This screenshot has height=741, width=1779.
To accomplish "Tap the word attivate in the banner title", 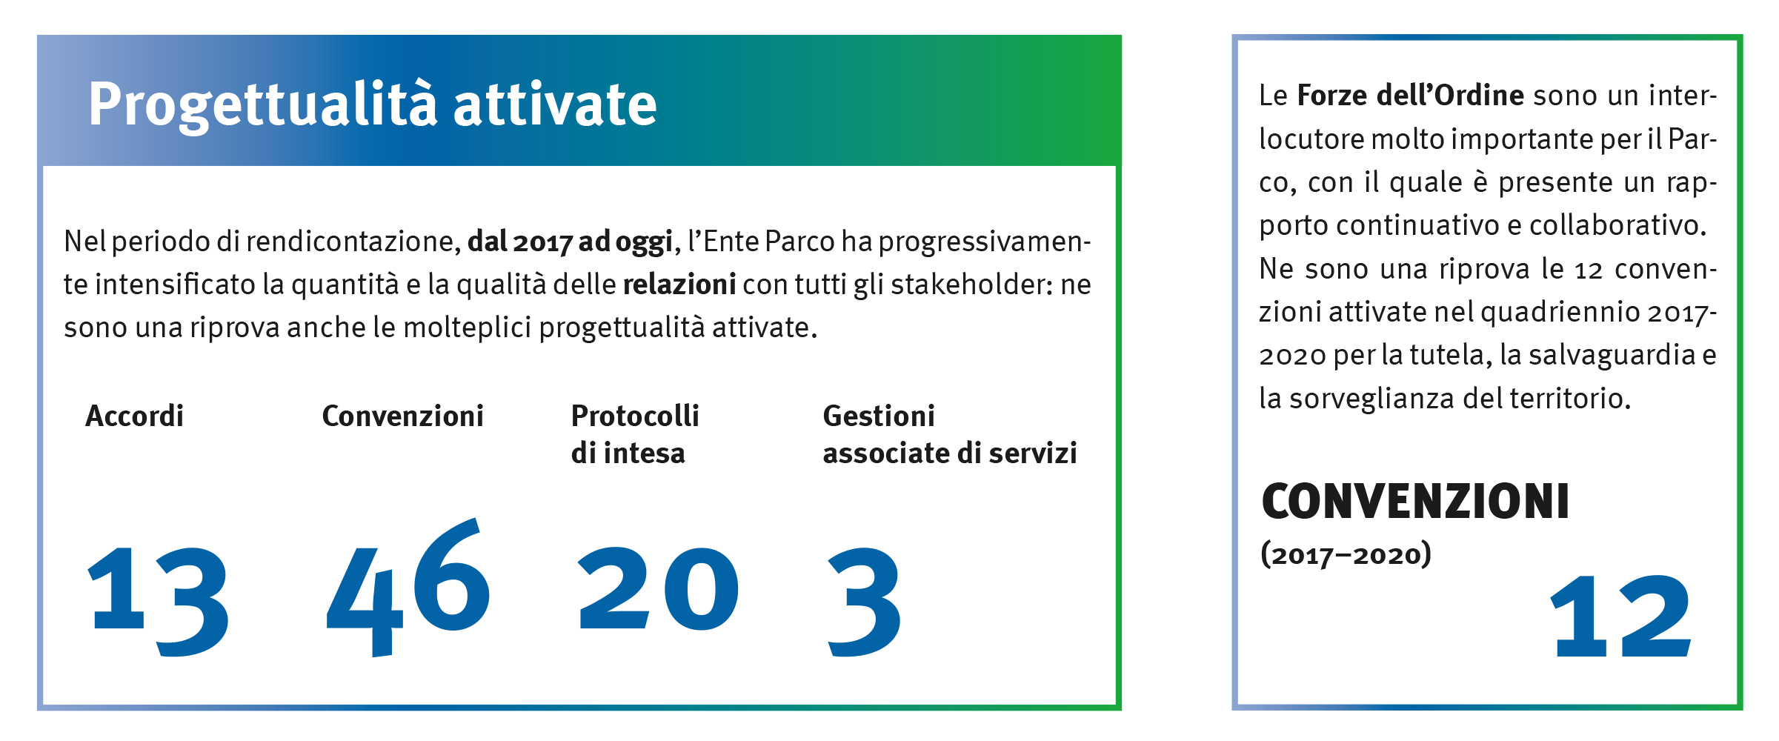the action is click(555, 104).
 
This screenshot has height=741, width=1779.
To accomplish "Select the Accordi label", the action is click(134, 416).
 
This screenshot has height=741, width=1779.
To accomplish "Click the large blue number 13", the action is click(158, 601).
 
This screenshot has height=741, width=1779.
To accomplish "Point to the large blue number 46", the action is click(408, 587).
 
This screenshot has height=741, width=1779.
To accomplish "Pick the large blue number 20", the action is click(658, 588).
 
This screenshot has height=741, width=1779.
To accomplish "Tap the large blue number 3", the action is click(864, 602).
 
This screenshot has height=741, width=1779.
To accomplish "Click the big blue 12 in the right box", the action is click(1621, 616).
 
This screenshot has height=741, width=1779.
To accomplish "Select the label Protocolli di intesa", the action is click(635, 434).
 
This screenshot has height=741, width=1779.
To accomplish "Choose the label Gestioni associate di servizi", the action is click(950, 434).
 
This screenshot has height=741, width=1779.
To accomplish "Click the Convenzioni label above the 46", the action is click(403, 416).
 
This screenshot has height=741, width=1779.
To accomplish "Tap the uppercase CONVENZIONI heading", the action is click(1415, 502).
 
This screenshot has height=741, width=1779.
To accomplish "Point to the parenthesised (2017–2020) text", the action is click(1346, 554).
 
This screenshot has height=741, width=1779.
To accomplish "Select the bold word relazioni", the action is click(679, 285).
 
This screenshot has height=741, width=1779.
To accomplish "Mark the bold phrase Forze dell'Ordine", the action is click(1411, 96).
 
